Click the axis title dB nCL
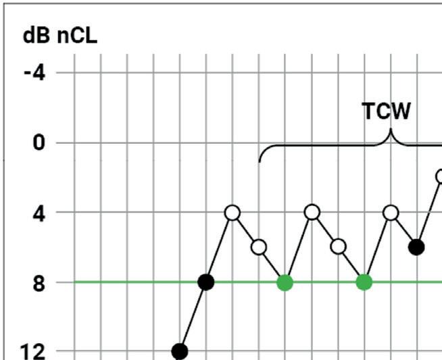[x=60, y=36]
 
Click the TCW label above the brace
[x=387, y=111]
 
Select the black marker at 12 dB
[x=180, y=351]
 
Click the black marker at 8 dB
[x=207, y=282]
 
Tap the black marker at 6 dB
[x=416, y=247]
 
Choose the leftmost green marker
[x=285, y=282]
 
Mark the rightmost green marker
[x=364, y=282]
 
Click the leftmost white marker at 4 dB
[x=232, y=213]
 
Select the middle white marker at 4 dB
[x=312, y=213]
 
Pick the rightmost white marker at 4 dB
[x=391, y=213]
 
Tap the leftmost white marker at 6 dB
[x=259, y=247]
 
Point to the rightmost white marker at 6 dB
[x=338, y=247]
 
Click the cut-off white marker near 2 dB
[x=439, y=177]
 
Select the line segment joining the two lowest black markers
[x=193, y=317]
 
